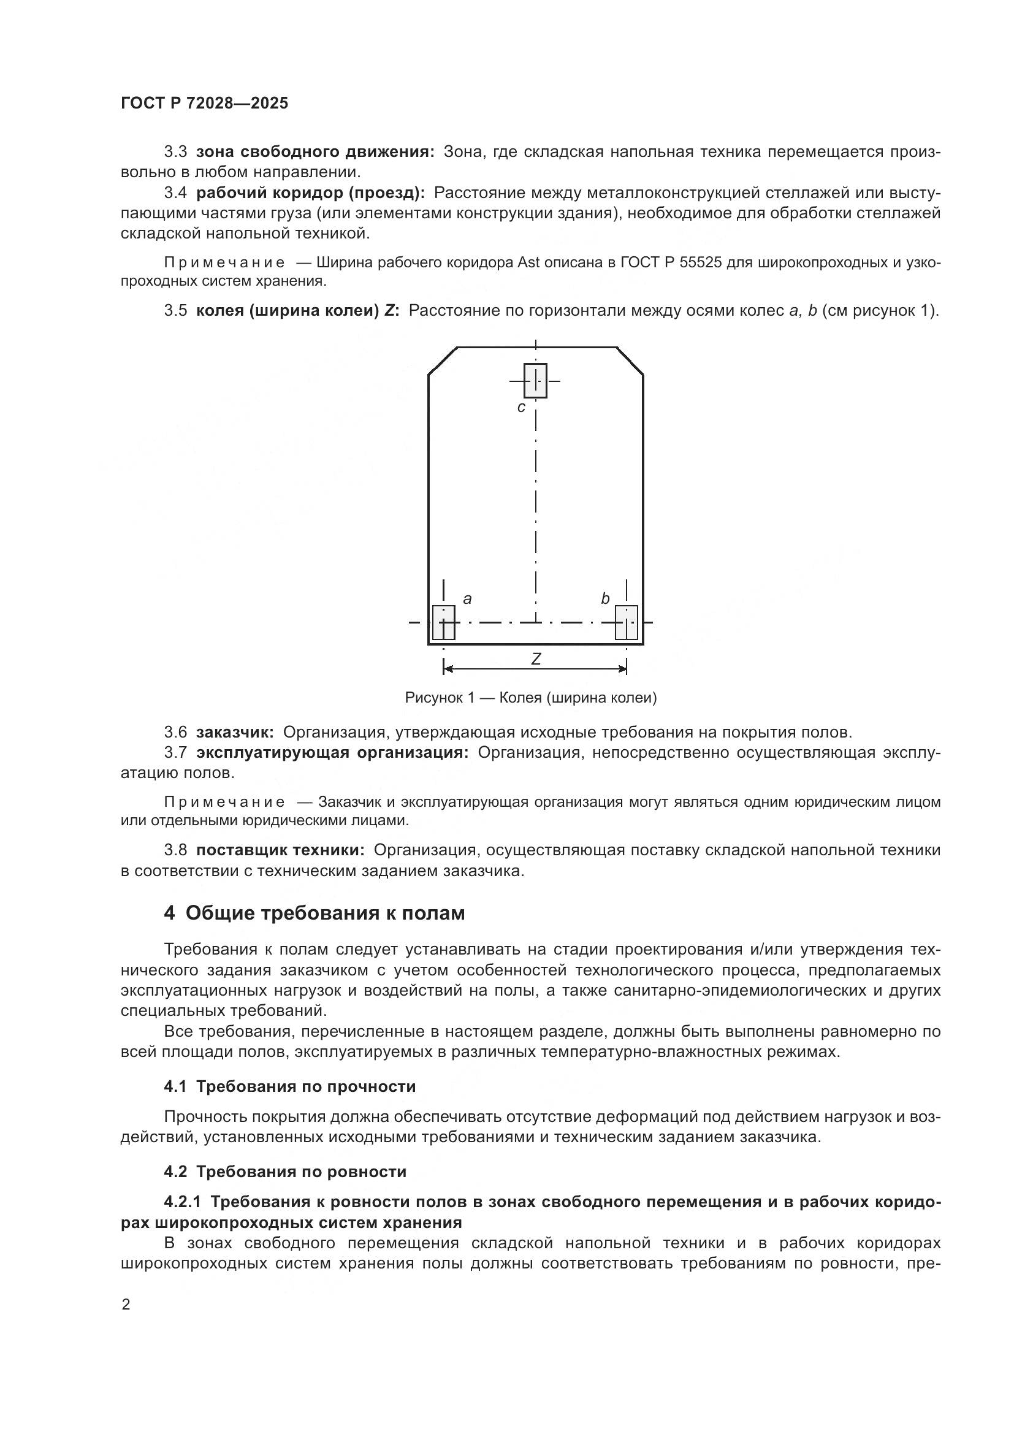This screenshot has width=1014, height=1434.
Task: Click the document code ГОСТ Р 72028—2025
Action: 204,104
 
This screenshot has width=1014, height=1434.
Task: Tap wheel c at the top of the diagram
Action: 535,380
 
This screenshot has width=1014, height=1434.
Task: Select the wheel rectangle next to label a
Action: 443,622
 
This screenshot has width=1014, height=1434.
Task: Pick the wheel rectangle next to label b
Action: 627,622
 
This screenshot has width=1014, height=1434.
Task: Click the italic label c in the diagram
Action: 521,408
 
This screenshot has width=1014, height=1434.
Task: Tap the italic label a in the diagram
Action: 467,599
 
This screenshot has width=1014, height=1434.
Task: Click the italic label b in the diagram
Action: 604,599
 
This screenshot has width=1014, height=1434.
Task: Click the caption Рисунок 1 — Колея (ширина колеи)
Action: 531,698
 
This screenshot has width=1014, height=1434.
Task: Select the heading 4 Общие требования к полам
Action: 314,913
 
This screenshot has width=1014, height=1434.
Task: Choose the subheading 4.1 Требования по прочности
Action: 290,1086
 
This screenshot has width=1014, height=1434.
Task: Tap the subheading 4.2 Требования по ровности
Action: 285,1171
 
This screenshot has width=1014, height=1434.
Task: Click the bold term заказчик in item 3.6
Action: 235,732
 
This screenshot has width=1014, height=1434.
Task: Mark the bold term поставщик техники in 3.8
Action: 280,850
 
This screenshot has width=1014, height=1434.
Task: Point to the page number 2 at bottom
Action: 126,1305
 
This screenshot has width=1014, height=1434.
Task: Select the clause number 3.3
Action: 175,152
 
